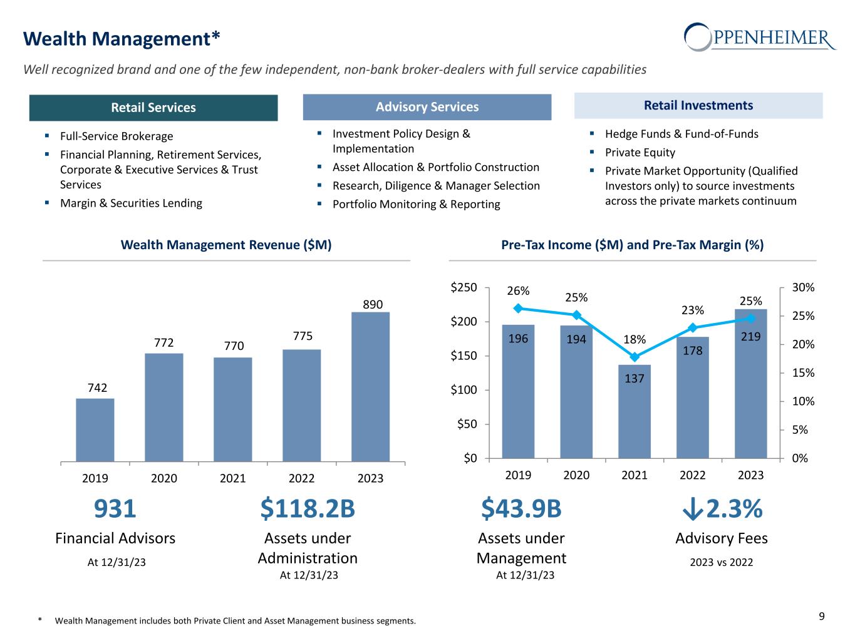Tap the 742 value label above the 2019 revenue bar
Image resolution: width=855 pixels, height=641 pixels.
[x=97, y=388]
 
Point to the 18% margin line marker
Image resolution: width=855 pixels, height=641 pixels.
[x=635, y=357]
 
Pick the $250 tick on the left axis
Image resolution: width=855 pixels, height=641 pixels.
[x=464, y=288]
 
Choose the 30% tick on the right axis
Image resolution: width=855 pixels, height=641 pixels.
[x=803, y=288]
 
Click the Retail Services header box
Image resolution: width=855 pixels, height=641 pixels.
[x=153, y=108]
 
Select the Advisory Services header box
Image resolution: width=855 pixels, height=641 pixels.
[x=427, y=107]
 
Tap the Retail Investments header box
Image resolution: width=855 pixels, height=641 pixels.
[x=698, y=106]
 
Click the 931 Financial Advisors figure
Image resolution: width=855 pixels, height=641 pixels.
[x=115, y=510]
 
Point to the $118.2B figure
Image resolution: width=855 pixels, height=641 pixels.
[x=308, y=510]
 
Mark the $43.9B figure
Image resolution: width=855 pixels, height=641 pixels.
[x=521, y=510]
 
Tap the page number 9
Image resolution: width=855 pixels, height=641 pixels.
[x=822, y=617]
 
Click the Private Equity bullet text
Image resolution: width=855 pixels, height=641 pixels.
[x=640, y=153]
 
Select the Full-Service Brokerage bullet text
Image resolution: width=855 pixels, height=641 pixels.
[x=117, y=136]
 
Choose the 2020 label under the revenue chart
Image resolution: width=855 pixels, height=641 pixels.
[x=164, y=478]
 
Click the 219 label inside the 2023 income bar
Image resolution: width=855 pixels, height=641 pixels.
[x=750, y=336]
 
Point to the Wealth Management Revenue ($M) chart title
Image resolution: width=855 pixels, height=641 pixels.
[x=226, y=245]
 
